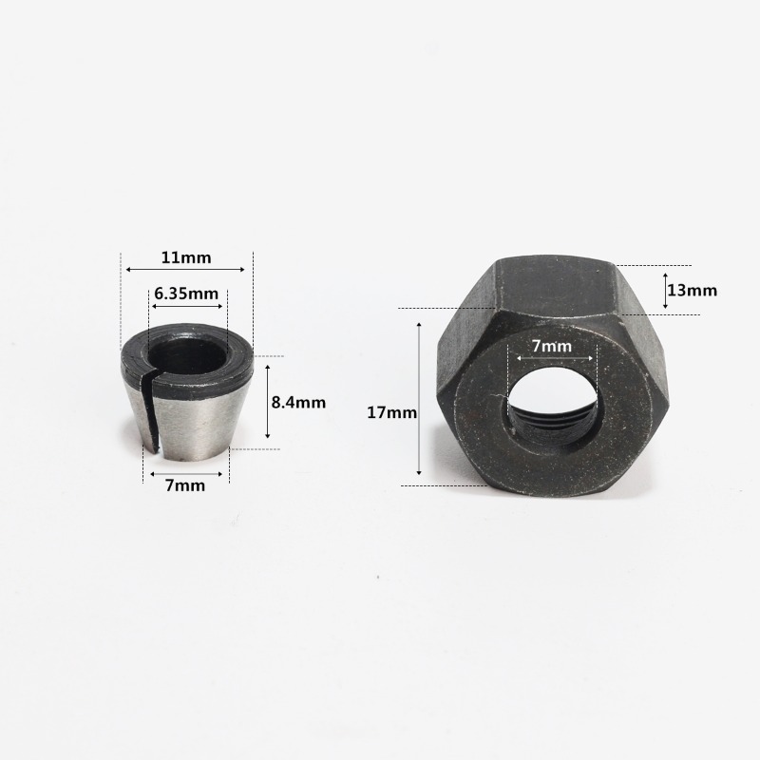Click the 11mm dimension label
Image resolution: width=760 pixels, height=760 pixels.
[x=186, y=256]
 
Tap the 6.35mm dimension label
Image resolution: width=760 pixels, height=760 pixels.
[x=186, y=294]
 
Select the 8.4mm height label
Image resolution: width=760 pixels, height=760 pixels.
[x=298, y=402]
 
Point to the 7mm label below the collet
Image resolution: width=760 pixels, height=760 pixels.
[x=185, y=485]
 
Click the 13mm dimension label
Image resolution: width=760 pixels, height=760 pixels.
[x=693, y=291]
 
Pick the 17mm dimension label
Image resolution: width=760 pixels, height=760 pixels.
[x=391, y=412]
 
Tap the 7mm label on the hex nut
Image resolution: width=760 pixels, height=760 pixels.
[x=552, y=346]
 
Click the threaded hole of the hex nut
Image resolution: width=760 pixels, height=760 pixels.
[x=552, y=407]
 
